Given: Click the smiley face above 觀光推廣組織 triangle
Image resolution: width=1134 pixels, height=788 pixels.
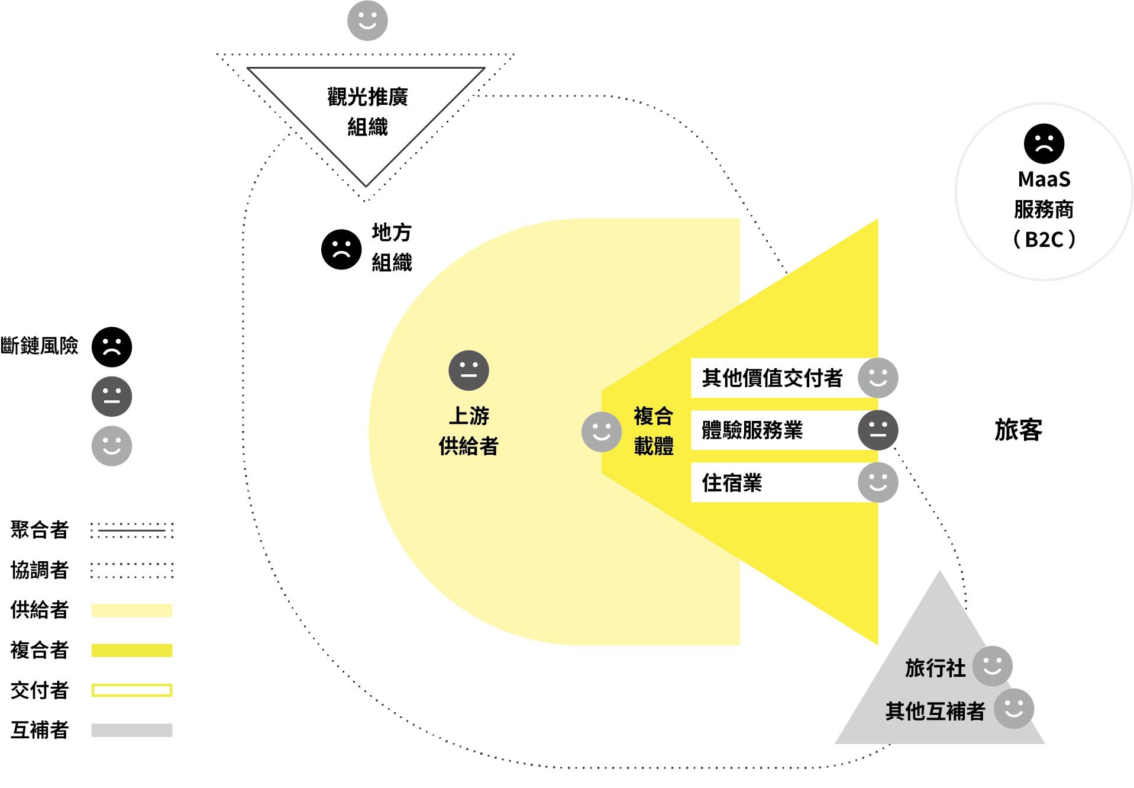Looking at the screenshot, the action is (x=367, y=21).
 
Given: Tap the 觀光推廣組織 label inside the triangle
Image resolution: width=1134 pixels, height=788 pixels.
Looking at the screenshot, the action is (x=367, y=111).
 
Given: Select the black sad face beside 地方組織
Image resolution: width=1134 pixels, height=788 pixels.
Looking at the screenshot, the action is (x=341, y=249).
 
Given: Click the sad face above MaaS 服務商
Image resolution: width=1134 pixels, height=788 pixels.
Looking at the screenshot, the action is (x=1044, y=144).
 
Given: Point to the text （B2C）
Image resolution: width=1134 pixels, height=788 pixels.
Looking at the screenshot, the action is (x=1044, y=239).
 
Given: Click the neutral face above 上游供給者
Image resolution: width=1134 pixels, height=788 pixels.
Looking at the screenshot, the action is (x=469, y=371).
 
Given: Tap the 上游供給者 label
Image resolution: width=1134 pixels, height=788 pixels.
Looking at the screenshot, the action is (x=469, y=431).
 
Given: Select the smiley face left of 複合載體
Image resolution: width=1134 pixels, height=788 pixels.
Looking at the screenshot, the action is (x=602, y=432).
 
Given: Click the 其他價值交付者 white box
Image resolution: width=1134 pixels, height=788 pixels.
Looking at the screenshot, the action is (x=772, y=378).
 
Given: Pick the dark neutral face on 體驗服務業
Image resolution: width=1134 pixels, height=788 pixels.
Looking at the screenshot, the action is (x=878, y=430).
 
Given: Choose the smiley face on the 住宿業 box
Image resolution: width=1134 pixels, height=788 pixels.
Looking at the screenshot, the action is (x=878, y=483).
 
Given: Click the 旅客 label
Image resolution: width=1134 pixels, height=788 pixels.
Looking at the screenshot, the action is (x=1018, y=430).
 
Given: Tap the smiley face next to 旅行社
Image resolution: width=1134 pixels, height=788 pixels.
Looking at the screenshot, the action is (x=992, y=666).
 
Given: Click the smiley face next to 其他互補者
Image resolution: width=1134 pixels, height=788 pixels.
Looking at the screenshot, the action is (x=1013, y=709).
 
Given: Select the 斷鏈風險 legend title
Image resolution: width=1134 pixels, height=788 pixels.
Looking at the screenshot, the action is (x=40, y=346).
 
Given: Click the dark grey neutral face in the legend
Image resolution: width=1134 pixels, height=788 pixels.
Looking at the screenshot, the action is (x=112, y=396).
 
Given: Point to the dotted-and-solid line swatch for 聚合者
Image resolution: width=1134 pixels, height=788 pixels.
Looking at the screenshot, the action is (x=132, y=530).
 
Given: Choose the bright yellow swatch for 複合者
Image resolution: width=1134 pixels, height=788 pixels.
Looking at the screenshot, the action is (x=132, y=651).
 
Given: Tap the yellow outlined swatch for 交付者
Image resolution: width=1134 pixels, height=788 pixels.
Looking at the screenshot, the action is (x=132, y=690).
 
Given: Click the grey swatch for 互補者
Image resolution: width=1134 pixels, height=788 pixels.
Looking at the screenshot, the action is (x=132, y=730).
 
